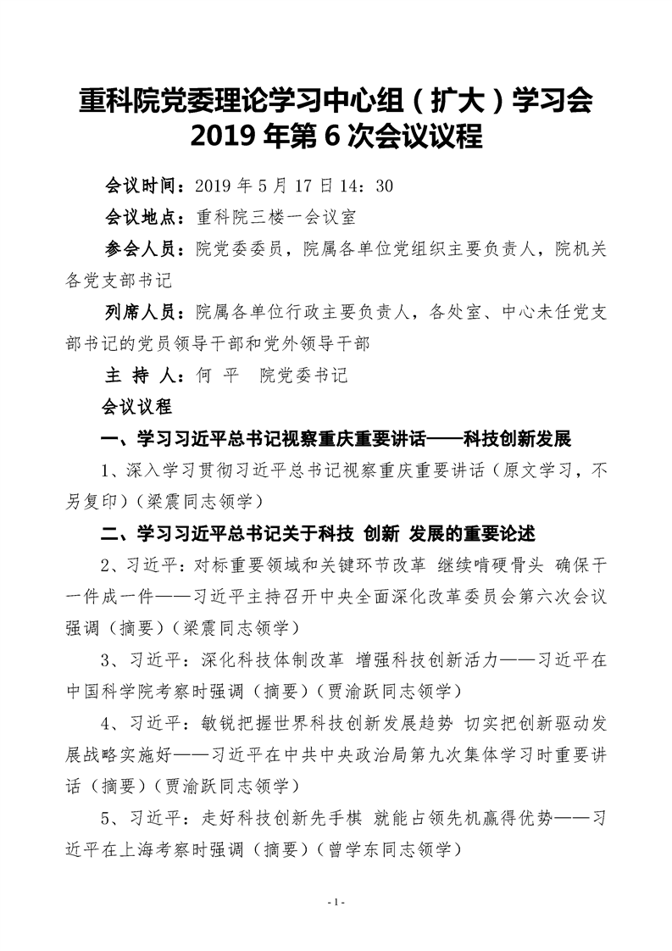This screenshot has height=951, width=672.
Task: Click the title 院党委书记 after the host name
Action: click(x=304, y=375)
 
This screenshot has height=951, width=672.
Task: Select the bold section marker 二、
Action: click(x=112, y=534)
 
